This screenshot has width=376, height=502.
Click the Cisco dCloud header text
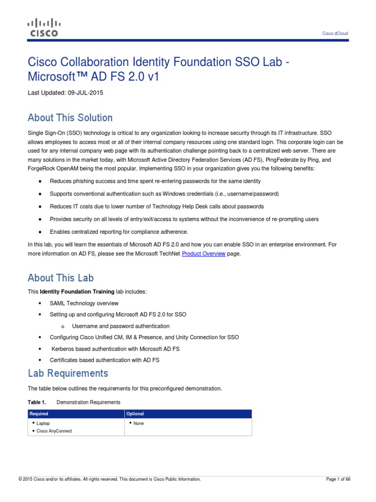coord(335,33)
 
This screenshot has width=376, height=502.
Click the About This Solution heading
coord(70,118)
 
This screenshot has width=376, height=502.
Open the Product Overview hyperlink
coord(204,254)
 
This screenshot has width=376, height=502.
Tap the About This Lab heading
coord(61,278)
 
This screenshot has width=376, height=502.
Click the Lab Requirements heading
coord(68,374)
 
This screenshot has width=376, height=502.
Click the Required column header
coord(39,414)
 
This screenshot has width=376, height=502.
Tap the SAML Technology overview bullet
coord(84,303)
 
